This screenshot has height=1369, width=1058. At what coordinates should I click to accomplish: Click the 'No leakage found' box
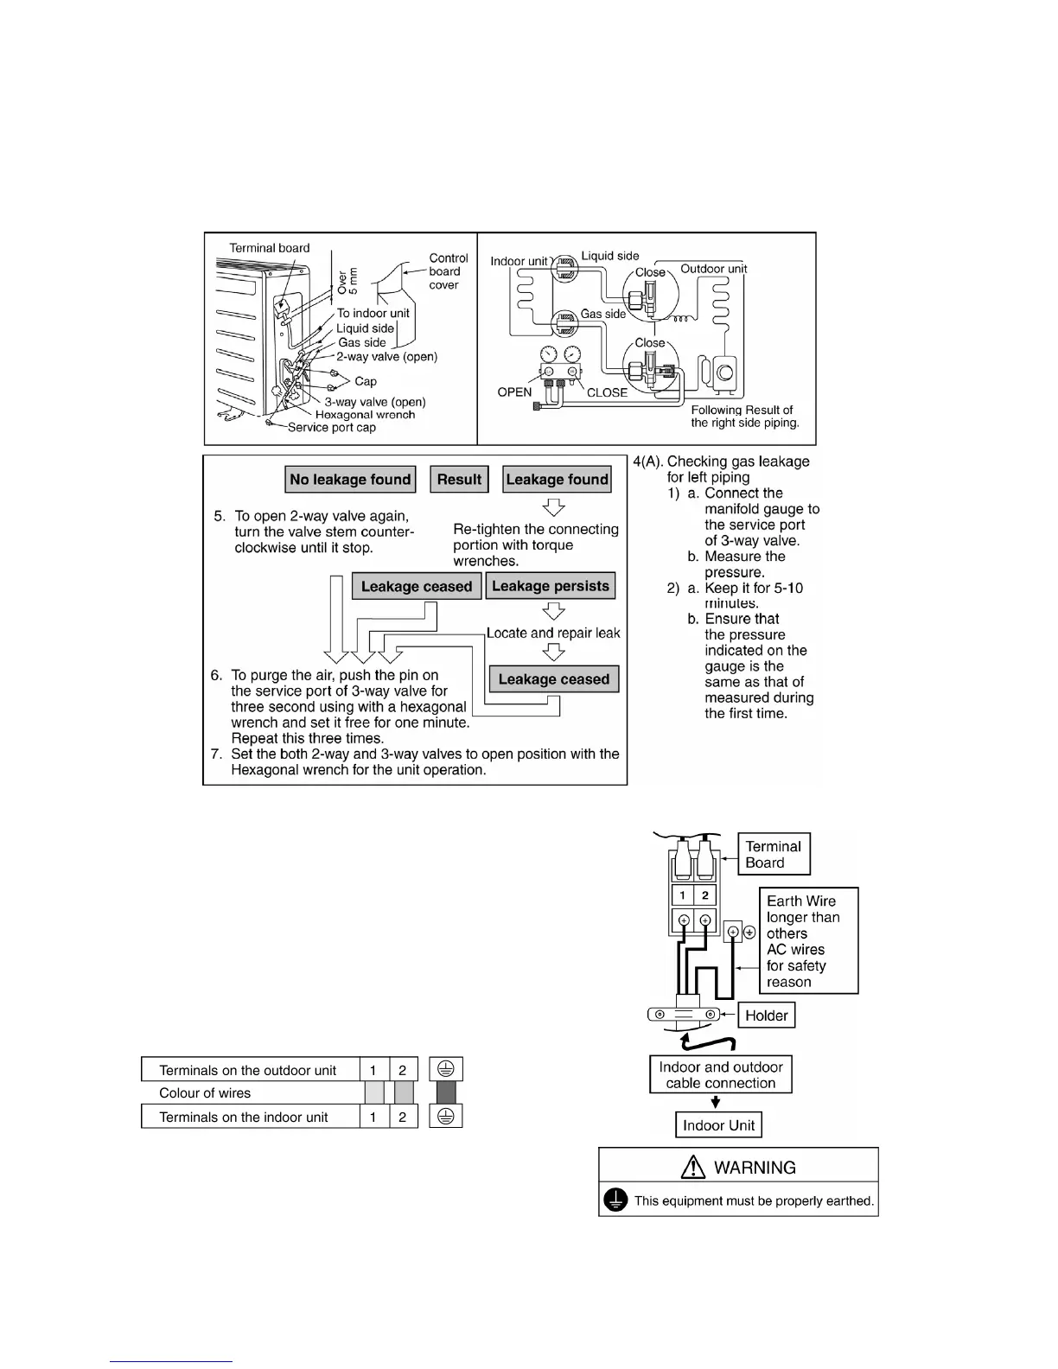[x=350, y=480]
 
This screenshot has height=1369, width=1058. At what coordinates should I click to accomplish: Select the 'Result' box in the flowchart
[x=459, y=480]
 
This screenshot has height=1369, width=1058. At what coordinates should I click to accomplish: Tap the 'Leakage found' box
[x=557, y=480]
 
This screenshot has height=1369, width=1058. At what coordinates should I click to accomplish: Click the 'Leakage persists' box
[x=551, y=586]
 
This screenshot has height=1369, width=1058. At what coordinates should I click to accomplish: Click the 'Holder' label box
[x=767, y=1016]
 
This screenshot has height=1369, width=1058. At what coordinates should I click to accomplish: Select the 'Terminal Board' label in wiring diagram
[x=773, y=854]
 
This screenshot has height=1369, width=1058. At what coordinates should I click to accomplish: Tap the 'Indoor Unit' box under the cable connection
[x=718, y=1125]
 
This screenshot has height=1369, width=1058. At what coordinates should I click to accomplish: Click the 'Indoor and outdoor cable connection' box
[x=721, y=1075]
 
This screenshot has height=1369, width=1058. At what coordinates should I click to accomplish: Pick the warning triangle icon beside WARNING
[x=693, y=1168]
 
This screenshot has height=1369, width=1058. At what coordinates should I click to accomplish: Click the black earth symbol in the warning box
[x=615, y=1200]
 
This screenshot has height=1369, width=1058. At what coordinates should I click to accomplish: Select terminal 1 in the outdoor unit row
[x=373, y=1070]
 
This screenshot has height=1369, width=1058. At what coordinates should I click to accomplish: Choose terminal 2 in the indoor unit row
[x=403, y=1117]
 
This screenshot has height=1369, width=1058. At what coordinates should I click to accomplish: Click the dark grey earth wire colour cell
[x=446, y=1093]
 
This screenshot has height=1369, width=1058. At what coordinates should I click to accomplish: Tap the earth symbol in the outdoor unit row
[x=446, y=1069]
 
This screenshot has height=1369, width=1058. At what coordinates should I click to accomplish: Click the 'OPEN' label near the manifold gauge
[x=514, y=392]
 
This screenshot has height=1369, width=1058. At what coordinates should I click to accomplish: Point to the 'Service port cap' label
[x=332, y=428]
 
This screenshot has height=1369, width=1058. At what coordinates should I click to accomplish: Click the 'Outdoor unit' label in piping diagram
[x=713, y=269]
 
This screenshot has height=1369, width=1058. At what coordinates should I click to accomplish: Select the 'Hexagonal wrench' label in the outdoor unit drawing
[x=365, y=415]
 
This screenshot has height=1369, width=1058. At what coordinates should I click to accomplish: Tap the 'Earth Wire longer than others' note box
[x=808, y=940]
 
